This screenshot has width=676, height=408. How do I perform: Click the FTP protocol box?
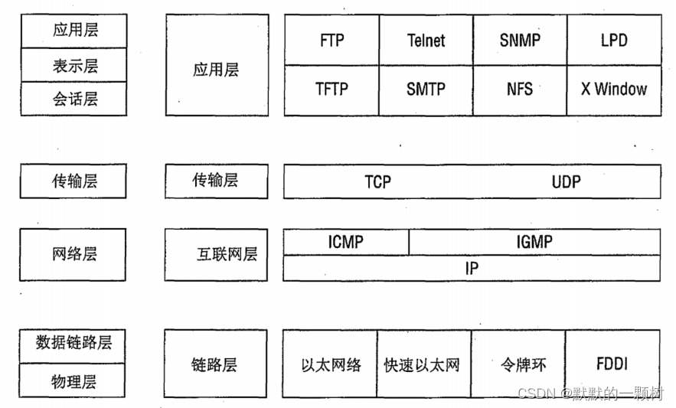click(331, 40)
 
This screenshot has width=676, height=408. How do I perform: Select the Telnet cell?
click(426, 40)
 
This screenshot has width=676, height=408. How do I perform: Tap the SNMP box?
click(520, 40)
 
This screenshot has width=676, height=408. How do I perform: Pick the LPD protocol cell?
click(613, 40)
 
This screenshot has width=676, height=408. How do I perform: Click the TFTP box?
click(331, 90)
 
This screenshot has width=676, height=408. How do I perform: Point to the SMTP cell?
click(426, 90)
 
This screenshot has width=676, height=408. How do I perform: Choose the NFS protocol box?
click(520, 90)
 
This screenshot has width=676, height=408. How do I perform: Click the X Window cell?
click(613, 90)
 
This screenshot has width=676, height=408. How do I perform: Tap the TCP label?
click(377, 182)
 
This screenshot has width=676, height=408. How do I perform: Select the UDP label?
click(566, 182)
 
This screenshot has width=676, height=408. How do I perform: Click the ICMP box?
click(346, 242)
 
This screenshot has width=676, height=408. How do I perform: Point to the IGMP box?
click(534, 242)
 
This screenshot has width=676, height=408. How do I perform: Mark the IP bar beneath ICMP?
click(472, 268)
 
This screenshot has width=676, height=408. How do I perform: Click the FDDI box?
click(612, 364)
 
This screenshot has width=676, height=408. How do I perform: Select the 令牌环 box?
click(518, 364)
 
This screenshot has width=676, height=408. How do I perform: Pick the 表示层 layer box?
click(74, 65)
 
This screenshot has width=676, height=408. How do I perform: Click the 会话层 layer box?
click(74, 99)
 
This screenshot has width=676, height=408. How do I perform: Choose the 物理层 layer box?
click(74, 380)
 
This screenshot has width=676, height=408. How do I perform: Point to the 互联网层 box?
click(217, 254)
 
